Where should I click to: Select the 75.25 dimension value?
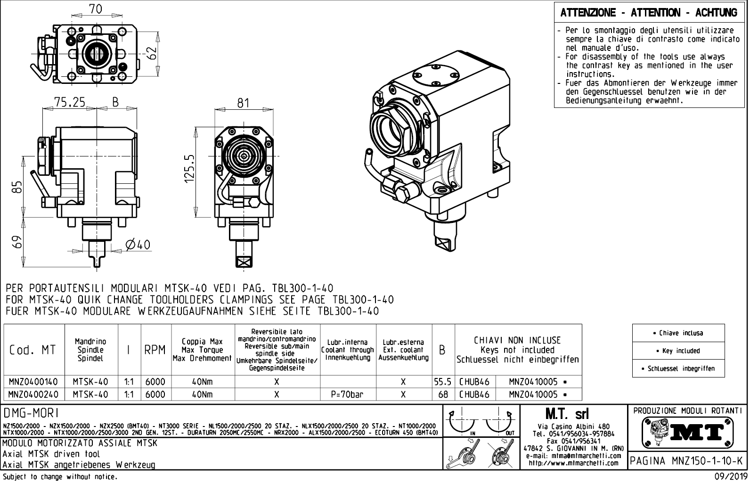[69, 102]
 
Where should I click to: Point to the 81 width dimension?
[243, 103]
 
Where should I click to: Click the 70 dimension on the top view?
[96, 8]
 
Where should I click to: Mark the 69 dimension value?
[16, 242]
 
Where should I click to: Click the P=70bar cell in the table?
[348, 394]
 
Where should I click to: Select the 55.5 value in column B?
[443, 382]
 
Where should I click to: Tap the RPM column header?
[155, 350]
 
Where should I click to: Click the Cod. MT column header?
[33, 350]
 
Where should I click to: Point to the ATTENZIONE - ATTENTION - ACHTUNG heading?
[649, 13]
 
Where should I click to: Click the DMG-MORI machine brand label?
[31, 413]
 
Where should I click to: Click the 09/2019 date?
[728, 477]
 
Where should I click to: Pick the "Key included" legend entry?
[678, 351]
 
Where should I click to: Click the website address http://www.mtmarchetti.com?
[573, 463]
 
